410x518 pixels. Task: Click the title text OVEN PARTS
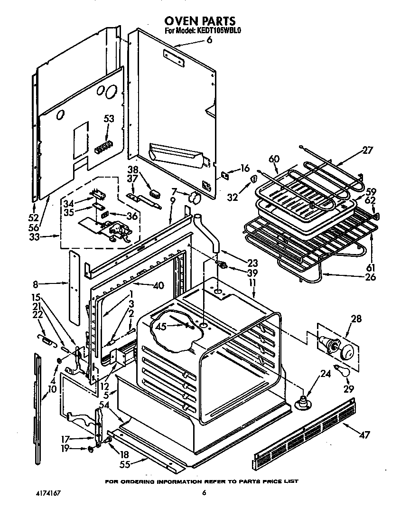199,21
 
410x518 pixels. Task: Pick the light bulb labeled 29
342,370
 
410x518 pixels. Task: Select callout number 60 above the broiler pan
274,159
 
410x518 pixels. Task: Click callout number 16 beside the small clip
245,168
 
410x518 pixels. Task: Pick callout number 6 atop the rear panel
209,40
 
